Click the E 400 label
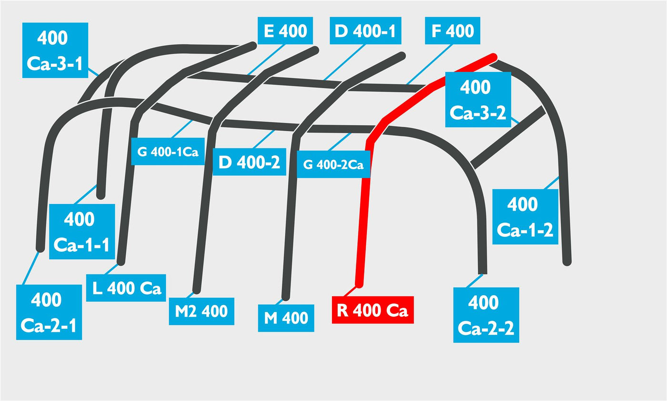(285, 31)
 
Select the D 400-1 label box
(365, 31)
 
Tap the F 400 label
(452, 31)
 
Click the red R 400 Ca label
(373, 310)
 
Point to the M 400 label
(286, 318)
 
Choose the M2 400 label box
(202, 311)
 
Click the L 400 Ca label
(126, 288)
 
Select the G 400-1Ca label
(168, 151)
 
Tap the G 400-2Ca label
(333, 164)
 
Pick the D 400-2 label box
(250, 162)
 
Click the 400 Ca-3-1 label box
(55, 50)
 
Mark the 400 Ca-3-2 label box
(478, 100)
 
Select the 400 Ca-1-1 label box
(82, 231)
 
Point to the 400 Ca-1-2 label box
(525, 216)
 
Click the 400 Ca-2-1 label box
(49, 312)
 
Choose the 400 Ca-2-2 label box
(486, 315)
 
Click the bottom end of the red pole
(359, 285)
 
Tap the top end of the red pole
(494, 57)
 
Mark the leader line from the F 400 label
(430, 64)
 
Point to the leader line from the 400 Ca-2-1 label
(31, 268)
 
